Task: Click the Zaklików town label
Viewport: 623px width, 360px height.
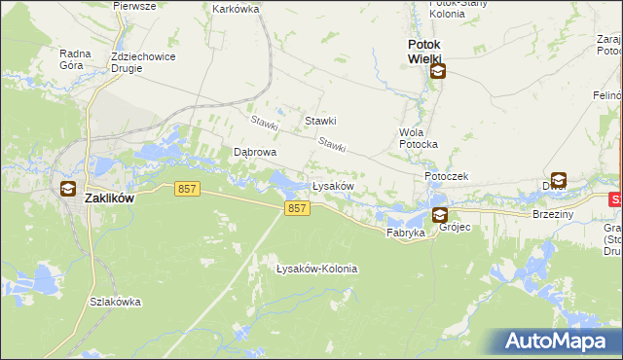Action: pos(109,198)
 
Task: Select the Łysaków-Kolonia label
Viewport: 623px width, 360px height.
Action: pos(316,269)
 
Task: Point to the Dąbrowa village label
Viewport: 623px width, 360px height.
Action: pos(255,153)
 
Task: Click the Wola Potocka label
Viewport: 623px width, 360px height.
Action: pos(419,137)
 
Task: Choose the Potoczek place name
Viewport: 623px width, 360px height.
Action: pos(447,176)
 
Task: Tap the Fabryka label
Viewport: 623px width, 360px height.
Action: pos(405,234)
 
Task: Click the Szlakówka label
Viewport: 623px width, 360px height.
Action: pos(115,302)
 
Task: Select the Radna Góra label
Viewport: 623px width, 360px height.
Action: pos(75,59)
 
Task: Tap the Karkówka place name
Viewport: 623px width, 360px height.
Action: pos(235,9)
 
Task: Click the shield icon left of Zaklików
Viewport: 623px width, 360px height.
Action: pos(68,189)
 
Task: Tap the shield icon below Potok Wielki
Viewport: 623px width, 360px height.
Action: pos(438,70)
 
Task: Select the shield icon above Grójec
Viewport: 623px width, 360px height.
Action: pos(440,215)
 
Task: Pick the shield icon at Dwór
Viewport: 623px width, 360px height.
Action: pos(559,179)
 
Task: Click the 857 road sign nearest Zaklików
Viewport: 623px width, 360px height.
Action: pos(189,190)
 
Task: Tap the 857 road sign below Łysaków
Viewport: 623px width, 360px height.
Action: pos(298,209)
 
